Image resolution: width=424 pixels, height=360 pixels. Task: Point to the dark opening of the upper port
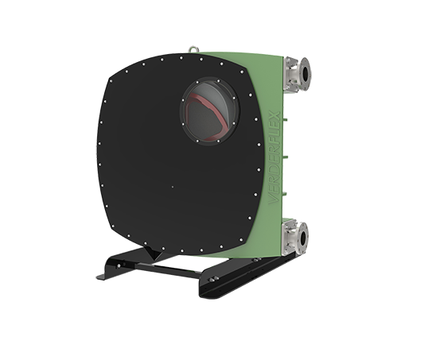[304, 75]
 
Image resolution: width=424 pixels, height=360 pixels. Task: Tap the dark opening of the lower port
[304, 236]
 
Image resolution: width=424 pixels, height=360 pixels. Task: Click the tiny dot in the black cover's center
[173, 188]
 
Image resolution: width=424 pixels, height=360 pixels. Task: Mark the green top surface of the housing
[239, 54]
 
